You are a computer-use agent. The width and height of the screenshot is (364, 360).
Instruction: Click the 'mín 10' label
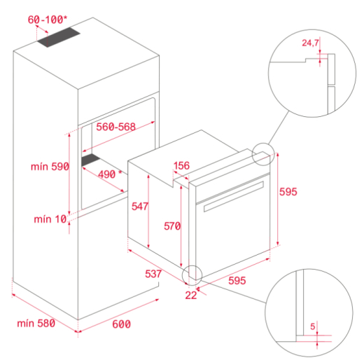tap(50, 219)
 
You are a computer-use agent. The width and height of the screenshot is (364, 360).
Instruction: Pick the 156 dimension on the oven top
tap(181, 166)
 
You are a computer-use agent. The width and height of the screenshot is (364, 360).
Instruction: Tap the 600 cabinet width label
tap(121, 324)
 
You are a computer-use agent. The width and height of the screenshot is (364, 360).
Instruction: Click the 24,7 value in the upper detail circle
tap(310, 43)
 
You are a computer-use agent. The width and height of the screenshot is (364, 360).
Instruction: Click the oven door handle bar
tap(231, 204)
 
